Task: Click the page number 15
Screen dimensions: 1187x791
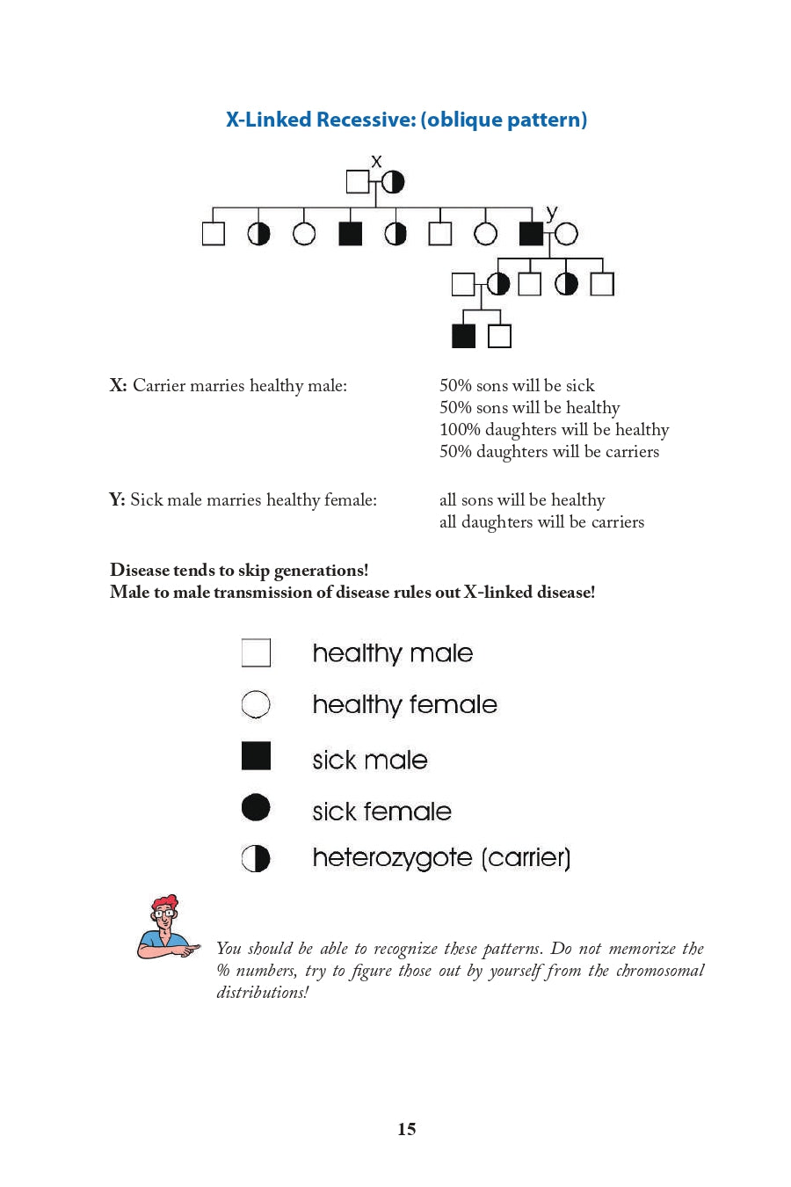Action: tap(406, 1129)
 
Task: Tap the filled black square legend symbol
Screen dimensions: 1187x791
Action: tap(256, 756)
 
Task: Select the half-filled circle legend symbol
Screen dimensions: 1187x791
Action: tap(256, 858)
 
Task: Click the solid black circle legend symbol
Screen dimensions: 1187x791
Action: tap(256, 807)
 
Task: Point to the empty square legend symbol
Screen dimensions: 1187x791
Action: tap(256, 653)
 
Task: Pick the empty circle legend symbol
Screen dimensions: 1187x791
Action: tap(256, 704)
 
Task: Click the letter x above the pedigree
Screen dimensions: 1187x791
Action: tap(376, 161)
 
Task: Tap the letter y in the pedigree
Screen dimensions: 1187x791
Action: tap(551, 213)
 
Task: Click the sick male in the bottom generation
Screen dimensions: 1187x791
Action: tap(463, 336)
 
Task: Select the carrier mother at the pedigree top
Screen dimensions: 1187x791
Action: tap(393, 182)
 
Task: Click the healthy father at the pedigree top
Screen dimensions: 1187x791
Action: tap(358, 182)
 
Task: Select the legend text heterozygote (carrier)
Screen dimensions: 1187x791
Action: tap(441, 858)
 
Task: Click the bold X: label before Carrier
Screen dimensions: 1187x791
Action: tap(118, 385)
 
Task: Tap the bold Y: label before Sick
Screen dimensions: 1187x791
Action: tap(117, 499)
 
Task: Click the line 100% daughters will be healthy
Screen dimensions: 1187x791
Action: tap(554, 429)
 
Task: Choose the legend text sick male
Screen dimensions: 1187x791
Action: tap(370, 760)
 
